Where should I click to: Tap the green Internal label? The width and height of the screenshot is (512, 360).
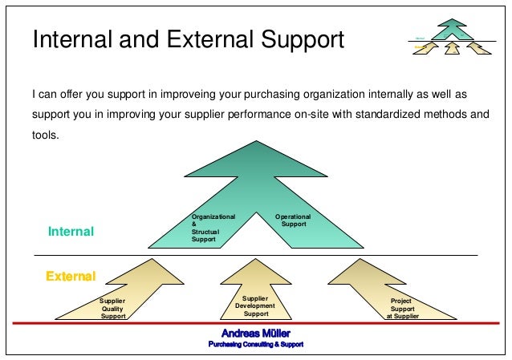tap(71, 232)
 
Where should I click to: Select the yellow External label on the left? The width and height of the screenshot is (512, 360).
tap(71, 277)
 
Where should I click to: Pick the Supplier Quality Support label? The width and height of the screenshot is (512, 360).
tap(113, 309)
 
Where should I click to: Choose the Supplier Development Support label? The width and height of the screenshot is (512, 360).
tap(255, 305)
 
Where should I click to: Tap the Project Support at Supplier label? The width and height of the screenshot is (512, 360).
tap(401, 309)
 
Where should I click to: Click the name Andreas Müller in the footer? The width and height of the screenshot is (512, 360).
tap(256, 333)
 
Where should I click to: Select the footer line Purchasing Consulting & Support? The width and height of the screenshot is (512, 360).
tap(256, 344)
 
